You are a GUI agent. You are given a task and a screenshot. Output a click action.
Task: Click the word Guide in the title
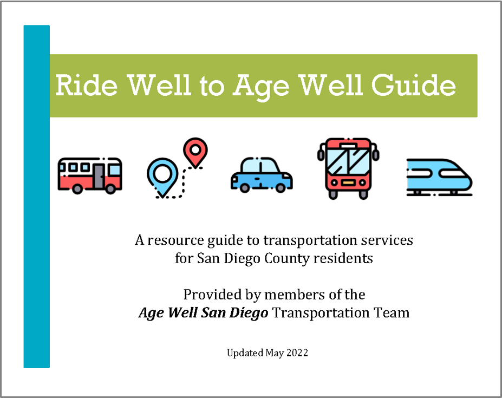click(413, 85)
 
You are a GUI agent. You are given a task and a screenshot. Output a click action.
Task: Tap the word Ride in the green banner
click(87, 85)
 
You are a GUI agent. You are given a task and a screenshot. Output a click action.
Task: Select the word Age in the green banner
click(260, 87)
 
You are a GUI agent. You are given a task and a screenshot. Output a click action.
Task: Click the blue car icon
click(262, 175)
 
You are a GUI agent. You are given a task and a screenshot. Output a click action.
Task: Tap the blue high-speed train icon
click(439, 177)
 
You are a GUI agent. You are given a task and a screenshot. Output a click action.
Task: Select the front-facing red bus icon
click(348, 168)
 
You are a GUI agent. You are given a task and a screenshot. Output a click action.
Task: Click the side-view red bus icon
click(90, 175)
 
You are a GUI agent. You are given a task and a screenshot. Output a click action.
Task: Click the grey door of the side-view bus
click(99, 176)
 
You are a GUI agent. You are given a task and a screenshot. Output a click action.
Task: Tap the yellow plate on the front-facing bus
click(348, 183)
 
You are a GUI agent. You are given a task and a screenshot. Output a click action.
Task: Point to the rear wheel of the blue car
click(280, 188)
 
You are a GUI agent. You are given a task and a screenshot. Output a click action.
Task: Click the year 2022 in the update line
click(297, 353)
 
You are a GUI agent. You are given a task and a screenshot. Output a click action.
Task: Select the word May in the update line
click(275, 354)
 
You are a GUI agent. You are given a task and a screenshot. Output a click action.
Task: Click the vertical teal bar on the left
click(36, 196)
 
